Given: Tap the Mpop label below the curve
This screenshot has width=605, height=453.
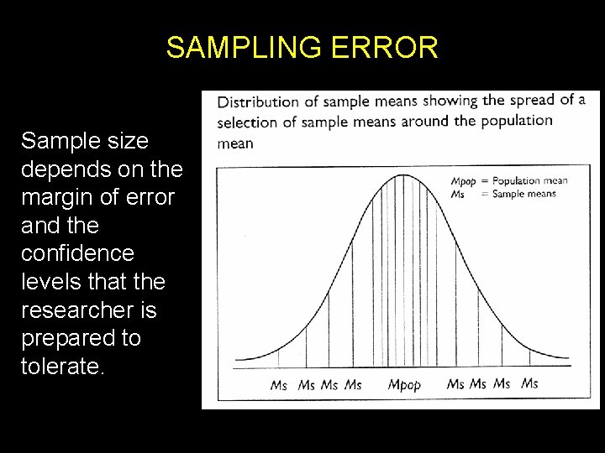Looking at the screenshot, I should (x=403, y=385).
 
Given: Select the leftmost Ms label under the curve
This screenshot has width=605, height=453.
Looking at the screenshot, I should (x=279, y=385).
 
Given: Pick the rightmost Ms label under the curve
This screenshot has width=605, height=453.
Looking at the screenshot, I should (x=529, y=383).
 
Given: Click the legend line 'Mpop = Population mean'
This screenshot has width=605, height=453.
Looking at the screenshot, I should (x=509, y=180).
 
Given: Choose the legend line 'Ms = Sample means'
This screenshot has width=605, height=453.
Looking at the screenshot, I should (x=503, y=194).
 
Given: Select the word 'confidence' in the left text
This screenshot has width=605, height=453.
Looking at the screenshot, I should (x=77, y=253).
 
